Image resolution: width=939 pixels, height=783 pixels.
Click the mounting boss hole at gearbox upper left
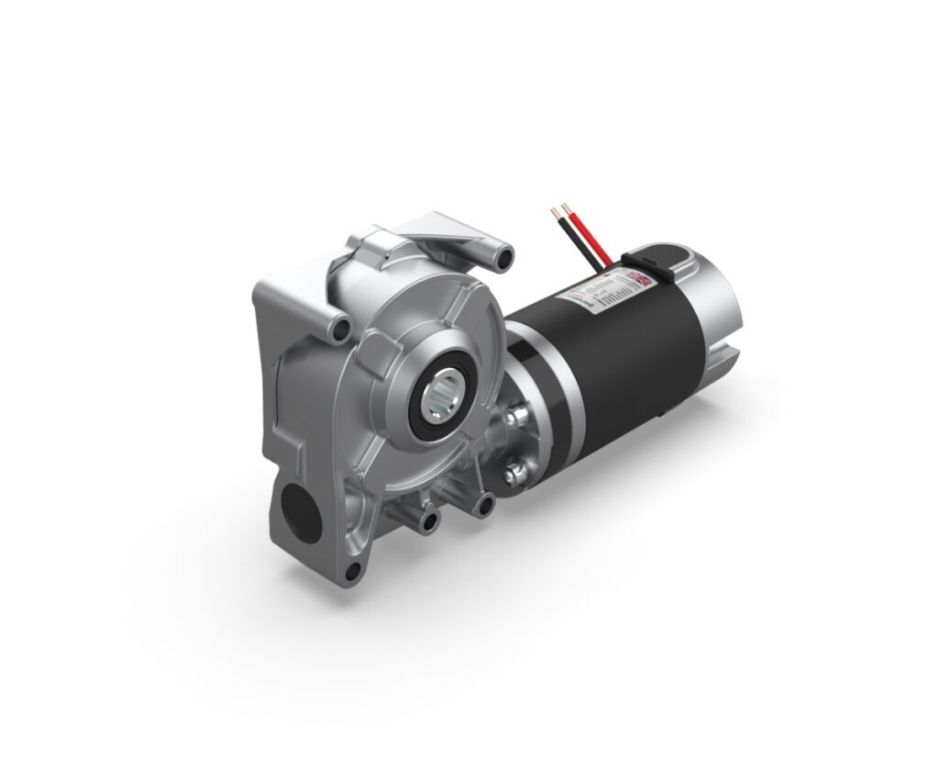point(342,329)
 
